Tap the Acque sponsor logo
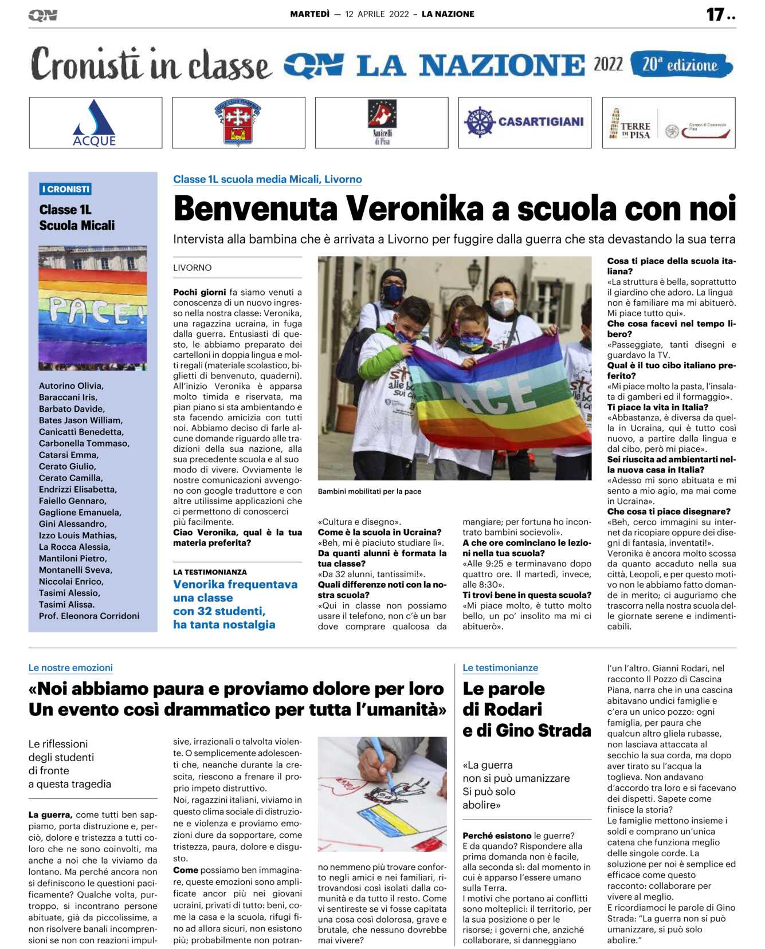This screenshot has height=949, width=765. coord(95,123)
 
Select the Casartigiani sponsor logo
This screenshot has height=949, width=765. coord(524,122)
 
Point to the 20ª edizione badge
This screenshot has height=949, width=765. coord(681,65)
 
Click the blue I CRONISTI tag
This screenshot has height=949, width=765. coord(66,189)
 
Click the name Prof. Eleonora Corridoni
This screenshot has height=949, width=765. coord(89,616)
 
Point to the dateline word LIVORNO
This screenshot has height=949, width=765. coord(193,267)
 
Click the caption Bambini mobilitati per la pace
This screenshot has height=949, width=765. coord(370,491)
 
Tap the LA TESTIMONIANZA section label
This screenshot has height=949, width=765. coord(210,572)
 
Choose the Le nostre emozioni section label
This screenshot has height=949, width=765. coord(70,668)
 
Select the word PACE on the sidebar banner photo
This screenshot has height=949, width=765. coord(91,311)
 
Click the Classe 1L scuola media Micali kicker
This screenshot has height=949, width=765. coord(268,179)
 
